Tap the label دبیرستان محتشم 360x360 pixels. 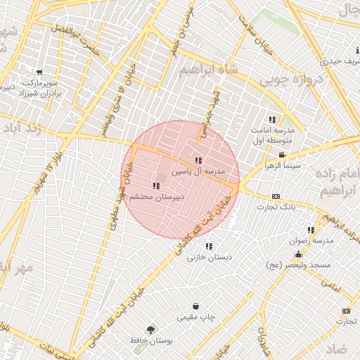tap(155, 197)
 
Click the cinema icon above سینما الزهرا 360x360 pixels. tap(282, 155)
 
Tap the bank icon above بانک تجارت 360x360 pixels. tap(276, 197)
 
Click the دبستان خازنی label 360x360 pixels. tap(209, 257)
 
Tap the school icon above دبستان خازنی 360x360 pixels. tap(209, 246)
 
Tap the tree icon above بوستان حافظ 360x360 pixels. tap(150, 329)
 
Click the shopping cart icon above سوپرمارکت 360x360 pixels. tap(39, 72)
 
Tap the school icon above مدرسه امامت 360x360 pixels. tap(272, 120)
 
